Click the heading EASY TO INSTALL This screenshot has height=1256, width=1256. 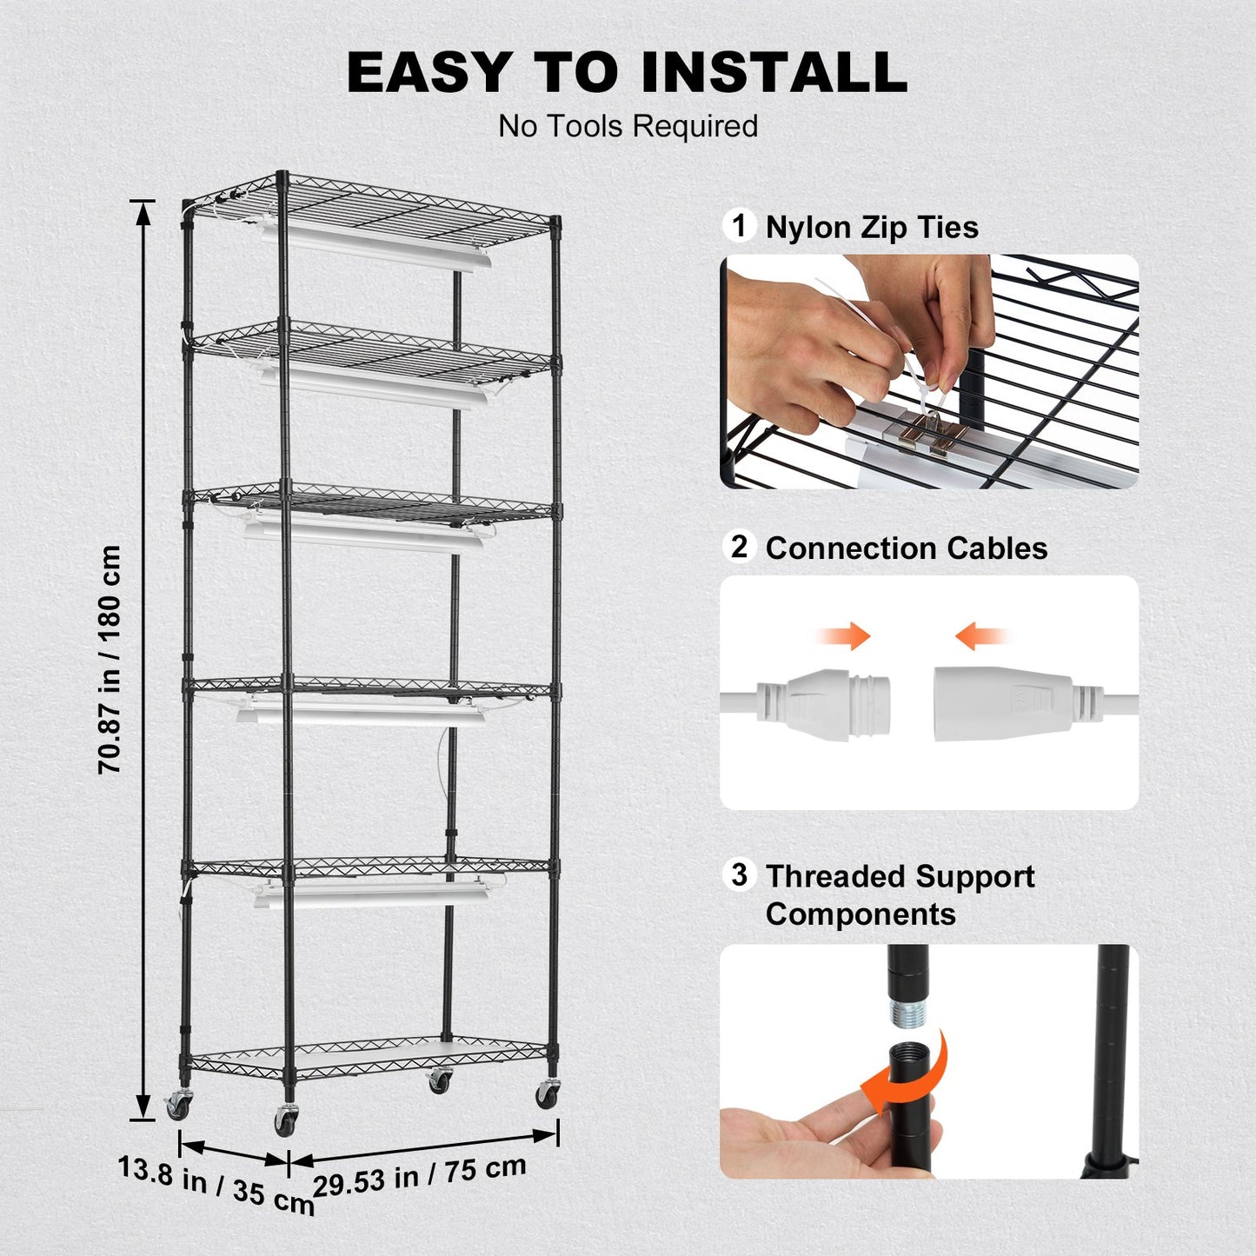click(x=628, y=72)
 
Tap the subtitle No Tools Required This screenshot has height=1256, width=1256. click(x=628, y=127)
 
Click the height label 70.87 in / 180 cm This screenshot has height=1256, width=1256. click(x=110, y=660)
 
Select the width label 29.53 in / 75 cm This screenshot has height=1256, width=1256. click(x=420, y=1175)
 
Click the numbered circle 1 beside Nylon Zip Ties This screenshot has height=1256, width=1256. click(x=739, y=226)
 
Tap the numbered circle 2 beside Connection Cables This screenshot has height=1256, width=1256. click(x=739, y=547)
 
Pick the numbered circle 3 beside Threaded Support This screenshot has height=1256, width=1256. click(x=739, y=874)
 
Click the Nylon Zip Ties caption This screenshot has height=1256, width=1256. click(x=872, y=228)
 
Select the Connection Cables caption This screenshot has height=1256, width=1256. click(x=906, y=548)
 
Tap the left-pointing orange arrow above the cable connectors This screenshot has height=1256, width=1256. click(x=980, y=637)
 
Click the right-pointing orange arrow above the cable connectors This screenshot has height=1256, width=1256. click(x=845, y=636)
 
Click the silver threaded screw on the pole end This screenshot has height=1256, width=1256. click(x=907, y=1013)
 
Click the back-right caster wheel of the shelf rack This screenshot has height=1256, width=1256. click(x=439, y=1081)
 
